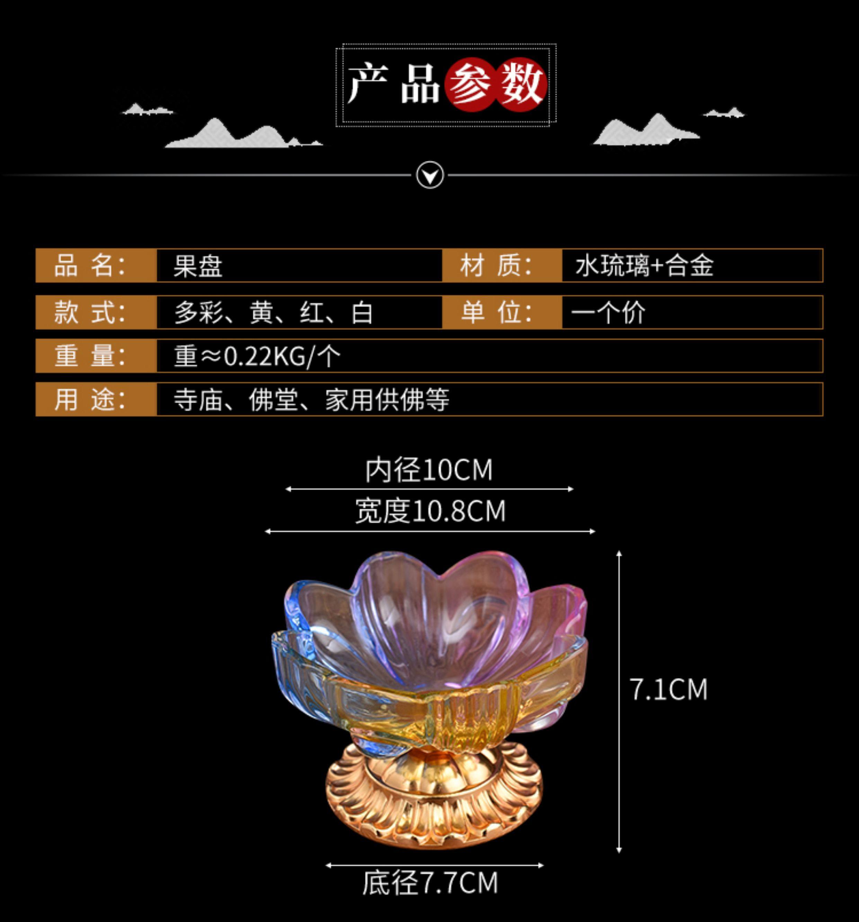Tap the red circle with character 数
click(x=521, y=84)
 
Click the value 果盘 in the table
click(x=198, y=266)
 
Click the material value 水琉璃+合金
click(x=644, y=266)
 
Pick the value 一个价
click(x=608, y=313)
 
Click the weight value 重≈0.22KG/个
click(x=257, y=356)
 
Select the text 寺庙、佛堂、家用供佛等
click(x=311, y=400)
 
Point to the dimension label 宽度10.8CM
click(x=430, y=511)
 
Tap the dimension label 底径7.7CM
click(x=430, y=883)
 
